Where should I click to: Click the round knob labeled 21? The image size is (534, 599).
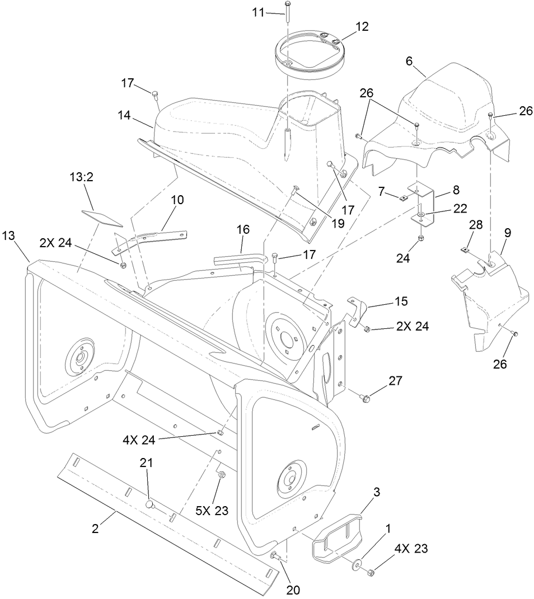click(149, 504)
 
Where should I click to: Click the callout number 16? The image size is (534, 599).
click(243, 230)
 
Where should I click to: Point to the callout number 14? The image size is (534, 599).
click(124, 116)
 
